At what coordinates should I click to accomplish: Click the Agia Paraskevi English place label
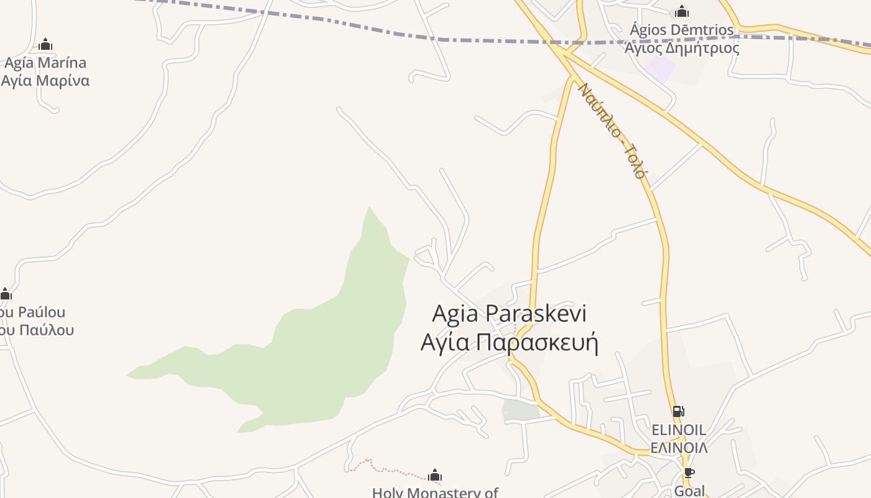point(509,313)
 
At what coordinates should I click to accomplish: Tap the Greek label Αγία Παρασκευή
point(509,342)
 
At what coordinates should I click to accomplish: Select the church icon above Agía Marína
point(45,44)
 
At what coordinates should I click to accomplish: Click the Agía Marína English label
point(45,63)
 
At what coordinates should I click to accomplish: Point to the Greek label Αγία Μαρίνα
point(45,80)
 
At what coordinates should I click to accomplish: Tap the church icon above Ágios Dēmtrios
point(682,11)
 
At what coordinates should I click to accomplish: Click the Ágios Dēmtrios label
point(682,29)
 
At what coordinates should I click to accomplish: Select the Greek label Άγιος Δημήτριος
point(682,47)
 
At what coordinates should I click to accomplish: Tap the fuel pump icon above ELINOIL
point(678,411)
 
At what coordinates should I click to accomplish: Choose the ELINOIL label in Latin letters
point(678,430)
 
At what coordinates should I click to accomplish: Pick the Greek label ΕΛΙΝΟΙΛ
point(678,448)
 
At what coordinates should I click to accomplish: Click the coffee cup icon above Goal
point(689,472)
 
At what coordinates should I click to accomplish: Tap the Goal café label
point(689,491)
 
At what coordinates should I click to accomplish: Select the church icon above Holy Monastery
point(435,476)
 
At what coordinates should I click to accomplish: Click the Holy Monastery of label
point(435,492)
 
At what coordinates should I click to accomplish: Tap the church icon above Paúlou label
point(6,294)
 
